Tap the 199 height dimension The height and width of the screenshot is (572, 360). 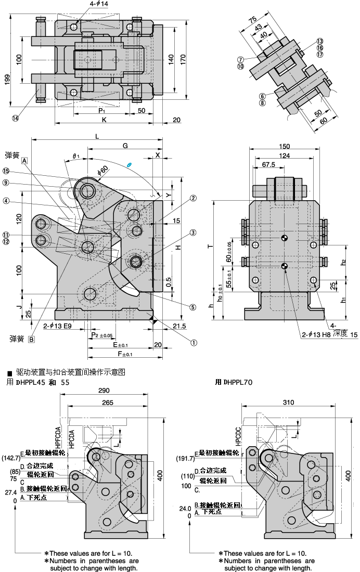pyautogui.click(x=7, y=80)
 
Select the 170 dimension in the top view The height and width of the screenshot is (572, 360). pyautogui.click(x=183, y=59)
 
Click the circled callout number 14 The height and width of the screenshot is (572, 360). pyautogui.click(x=15, y=118)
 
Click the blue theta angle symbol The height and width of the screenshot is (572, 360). pyautogui.click(x=130, y=165)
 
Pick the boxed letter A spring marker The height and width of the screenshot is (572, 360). pyautogui.click(x=24, y=161)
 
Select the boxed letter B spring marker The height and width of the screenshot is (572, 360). pyautogui.click(x=31, y=340)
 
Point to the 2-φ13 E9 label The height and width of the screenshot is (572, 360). pyautogui.click(x=57, y=326)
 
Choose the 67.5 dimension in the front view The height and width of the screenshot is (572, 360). pyautogui.click(x=268, y=165)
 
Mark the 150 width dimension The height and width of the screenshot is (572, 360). pyautogui.click(x=284, y=146)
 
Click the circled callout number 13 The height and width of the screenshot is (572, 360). pyautogui.click(x=319, y=41)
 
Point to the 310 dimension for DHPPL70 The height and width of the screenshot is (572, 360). pyautogui.click(x=289, y=402)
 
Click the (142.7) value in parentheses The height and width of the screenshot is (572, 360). pyautogui.click(x=11, y=458)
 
